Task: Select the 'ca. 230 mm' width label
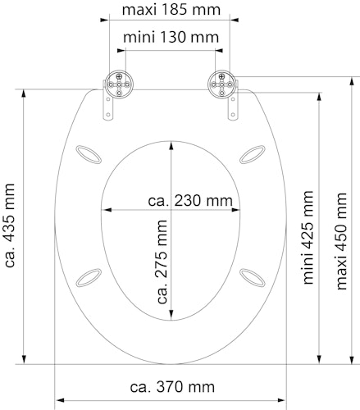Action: [x=189, y=200]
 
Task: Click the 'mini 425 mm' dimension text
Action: [x=307, y=237]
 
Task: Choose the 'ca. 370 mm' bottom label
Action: [x=172, y=386]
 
